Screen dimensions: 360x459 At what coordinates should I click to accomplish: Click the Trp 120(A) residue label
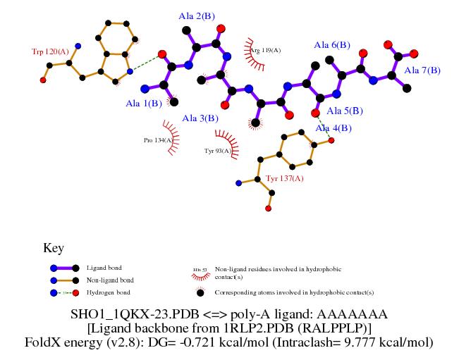pyautogui.click(x=50, y=51)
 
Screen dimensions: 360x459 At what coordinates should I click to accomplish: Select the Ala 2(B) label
pyautogui.click(x=197, y=15)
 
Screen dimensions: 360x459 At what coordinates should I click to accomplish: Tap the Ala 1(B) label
pyautogui.click(x=143, y=104)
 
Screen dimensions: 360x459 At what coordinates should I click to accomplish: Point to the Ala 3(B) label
pyautogui.click(x=200, y=118)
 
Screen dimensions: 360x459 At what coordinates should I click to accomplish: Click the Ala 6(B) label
pyautogui.click(x=332, y=45)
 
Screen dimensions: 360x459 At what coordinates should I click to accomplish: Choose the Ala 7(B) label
pyautogui.click(x=422, y=70)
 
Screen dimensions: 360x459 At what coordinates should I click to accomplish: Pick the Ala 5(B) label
pyautogui.click(x=345, y=111)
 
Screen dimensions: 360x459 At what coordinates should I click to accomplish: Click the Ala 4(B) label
pyautogui.click(x=333, y=128)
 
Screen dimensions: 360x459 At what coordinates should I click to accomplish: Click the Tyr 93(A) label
pyautogui.click(x=217, y=151)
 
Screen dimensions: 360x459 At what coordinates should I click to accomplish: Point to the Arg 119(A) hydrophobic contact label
pyautogui.click(x=266, y=50)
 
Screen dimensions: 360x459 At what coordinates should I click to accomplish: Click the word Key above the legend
pyautogui.click(x=54, y=248)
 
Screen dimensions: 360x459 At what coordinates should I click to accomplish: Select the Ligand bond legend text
pyautogui.click(x=104, y=268)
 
